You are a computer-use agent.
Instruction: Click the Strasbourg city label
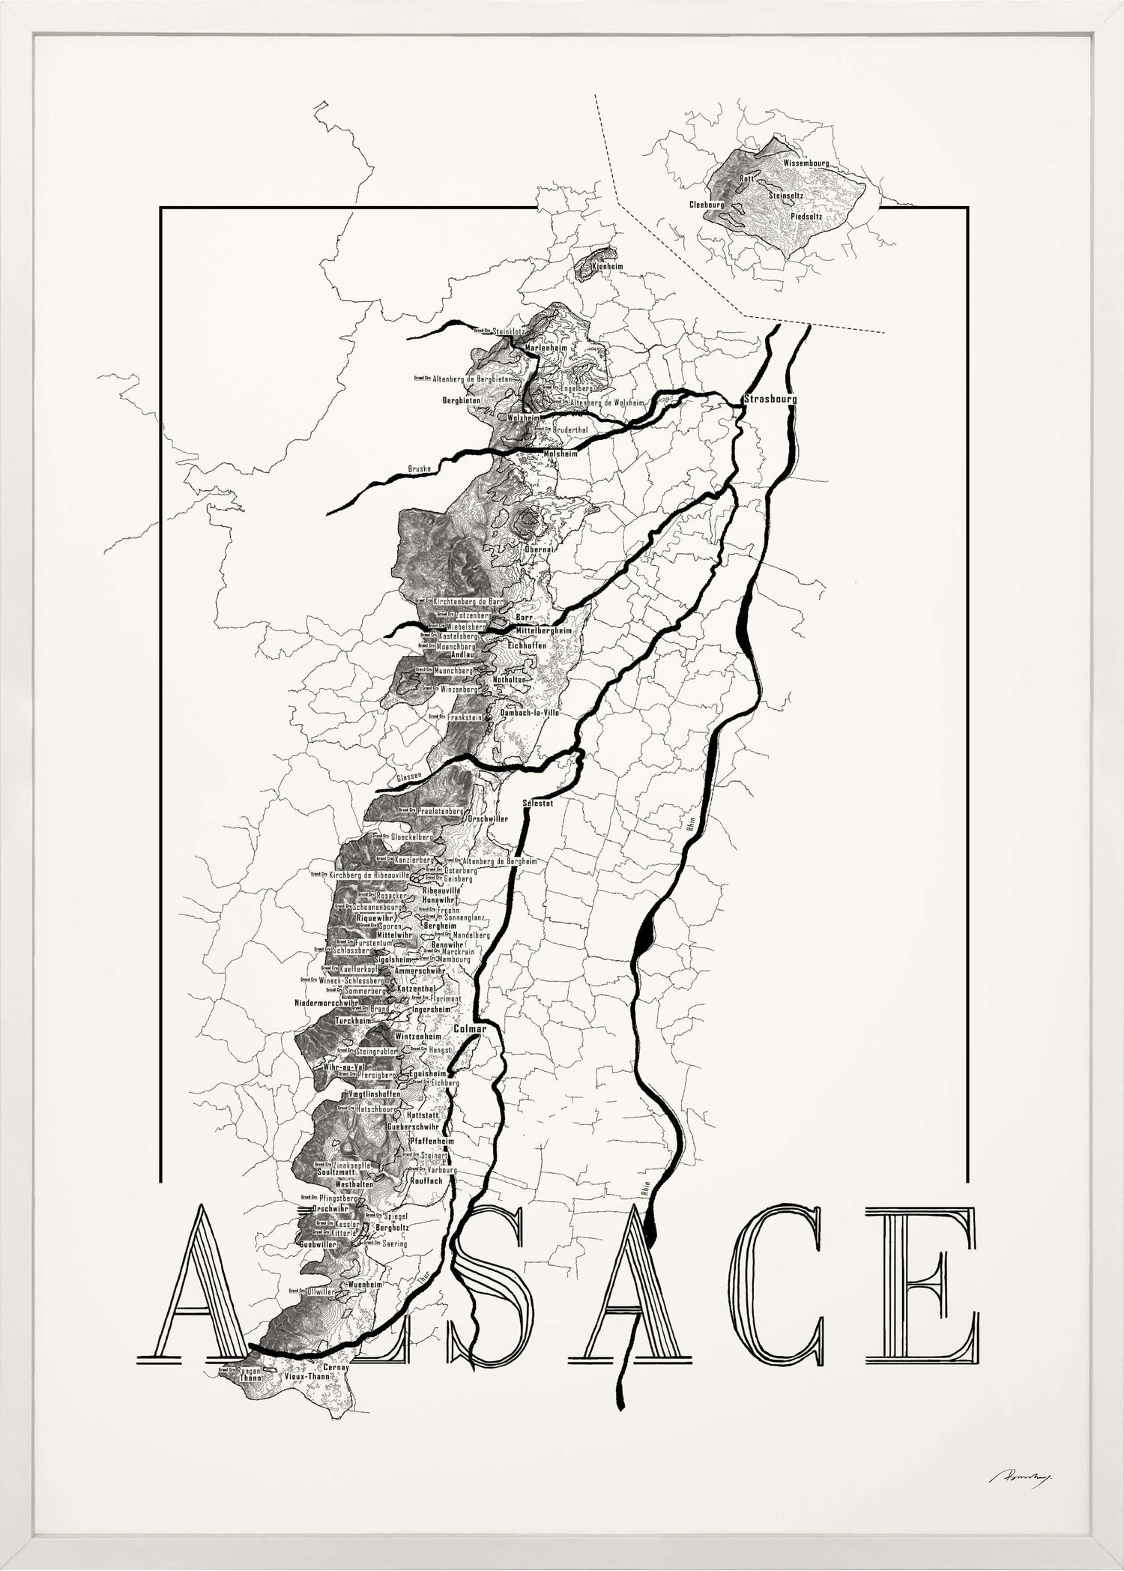pos(770,399)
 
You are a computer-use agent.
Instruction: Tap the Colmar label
pos(470,1029)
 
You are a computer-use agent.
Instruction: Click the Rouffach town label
pos(426,1180)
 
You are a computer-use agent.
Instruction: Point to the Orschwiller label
pos(487,818)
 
